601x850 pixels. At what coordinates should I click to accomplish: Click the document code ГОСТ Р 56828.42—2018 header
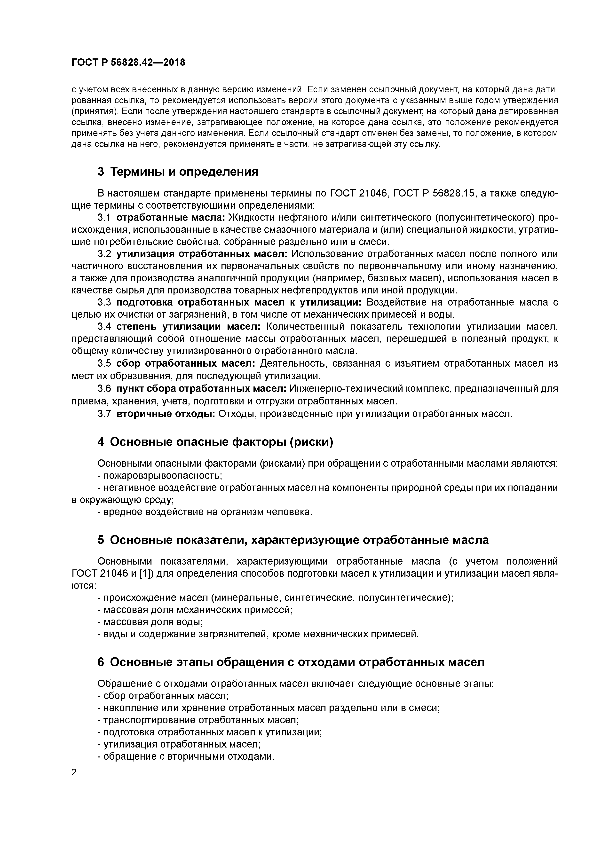tap(128, 63)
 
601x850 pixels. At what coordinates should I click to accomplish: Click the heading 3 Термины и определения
tap(178, 172)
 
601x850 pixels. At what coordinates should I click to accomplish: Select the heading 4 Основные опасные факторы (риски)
tap(215, 442)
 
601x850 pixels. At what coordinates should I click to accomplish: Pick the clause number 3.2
tap(104, 254)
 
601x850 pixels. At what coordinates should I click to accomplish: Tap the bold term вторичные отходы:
tap(166, 414)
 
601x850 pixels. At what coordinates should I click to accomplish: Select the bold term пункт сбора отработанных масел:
tap(201, 389)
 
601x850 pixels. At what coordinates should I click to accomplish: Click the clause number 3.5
tap(104, 363)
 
